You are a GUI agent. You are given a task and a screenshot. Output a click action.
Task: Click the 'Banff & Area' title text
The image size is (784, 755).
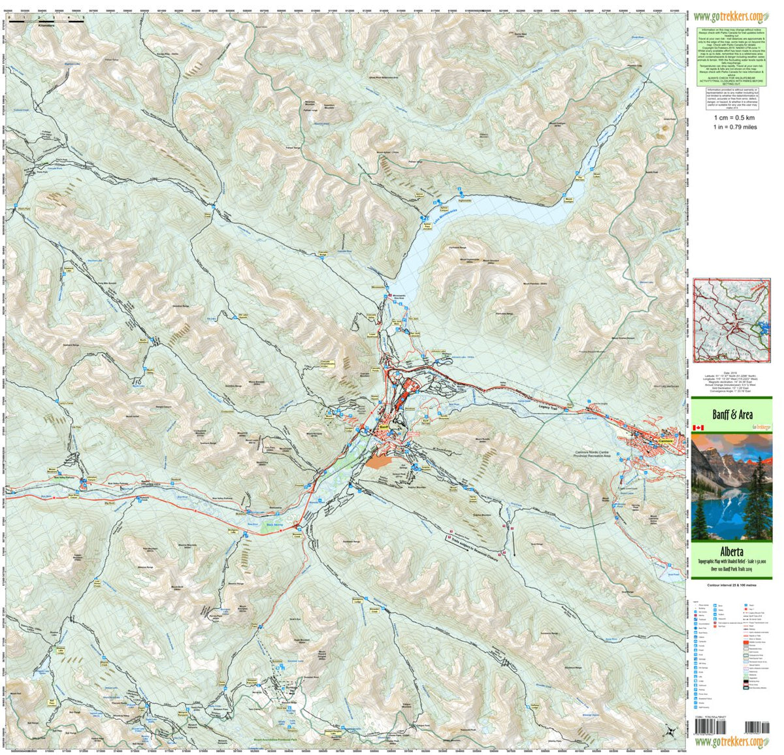[x=731, y=415]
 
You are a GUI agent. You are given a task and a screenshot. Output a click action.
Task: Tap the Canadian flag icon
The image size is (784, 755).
[x=698, y=428]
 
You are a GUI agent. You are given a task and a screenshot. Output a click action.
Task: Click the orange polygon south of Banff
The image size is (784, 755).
[x=379, y=461]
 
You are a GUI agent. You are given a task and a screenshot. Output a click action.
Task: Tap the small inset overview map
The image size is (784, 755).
[x=732, y=320]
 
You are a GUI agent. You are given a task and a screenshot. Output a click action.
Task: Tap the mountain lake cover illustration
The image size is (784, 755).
[x=732, y=487]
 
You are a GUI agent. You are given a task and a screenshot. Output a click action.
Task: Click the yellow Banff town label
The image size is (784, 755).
[x=384, y=429]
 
